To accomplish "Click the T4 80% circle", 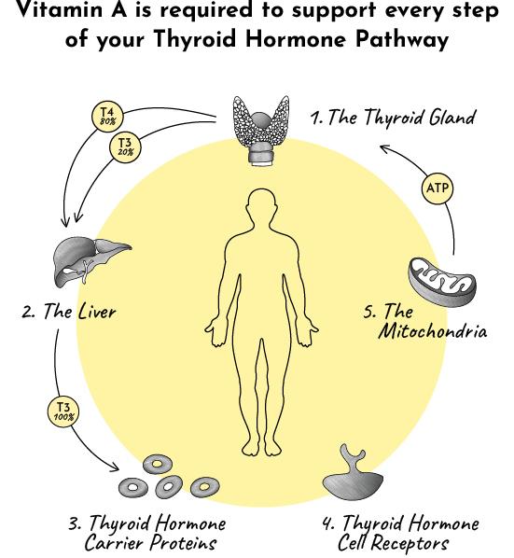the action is [107, 116].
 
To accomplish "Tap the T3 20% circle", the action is [125, 146].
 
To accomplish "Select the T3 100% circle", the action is [63, 412].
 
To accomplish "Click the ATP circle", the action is [438, 188].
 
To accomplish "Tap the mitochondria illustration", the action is [442, 282].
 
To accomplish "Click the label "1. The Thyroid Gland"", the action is [393, 117].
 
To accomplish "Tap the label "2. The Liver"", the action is [69, 311].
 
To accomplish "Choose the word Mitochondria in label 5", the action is [432, 331].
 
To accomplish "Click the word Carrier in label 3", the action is [115, 543].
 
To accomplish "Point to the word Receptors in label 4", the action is [411, 543].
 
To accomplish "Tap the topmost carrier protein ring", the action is [158, 464].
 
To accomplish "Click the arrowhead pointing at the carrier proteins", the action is [115, 467].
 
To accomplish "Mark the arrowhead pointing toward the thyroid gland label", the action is [385, 148].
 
